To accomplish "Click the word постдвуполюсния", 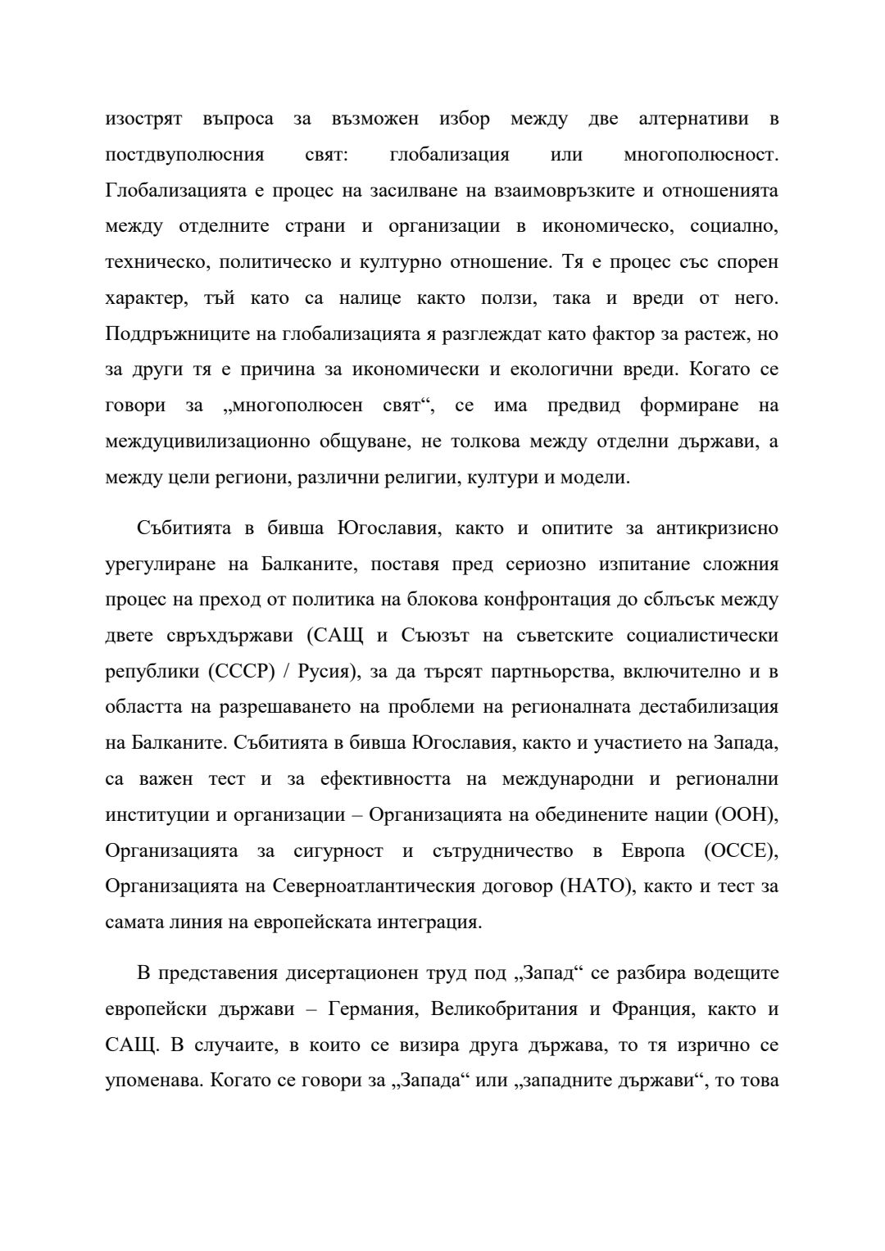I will pos(184,155).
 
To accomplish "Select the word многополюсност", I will pos(700,155).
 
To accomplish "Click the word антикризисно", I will pos(717,528).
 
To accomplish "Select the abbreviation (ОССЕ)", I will pos(740,851).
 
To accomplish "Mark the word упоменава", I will pos(153,1081).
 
